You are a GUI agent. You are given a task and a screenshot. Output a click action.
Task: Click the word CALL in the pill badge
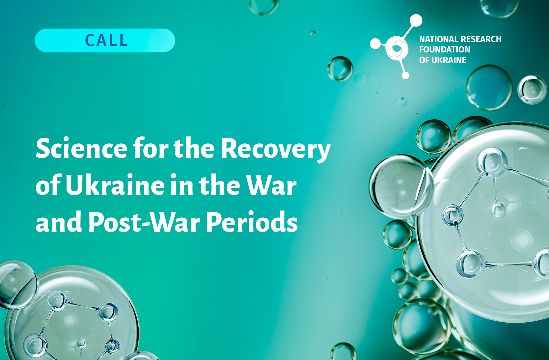pos(106,40)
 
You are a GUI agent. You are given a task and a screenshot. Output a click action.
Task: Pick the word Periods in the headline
pos(252,221)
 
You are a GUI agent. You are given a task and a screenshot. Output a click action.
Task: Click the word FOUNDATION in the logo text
pos(445,49)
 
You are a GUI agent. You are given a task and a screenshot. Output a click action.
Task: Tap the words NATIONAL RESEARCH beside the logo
pos(460,39)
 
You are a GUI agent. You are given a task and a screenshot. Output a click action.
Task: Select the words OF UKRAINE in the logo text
pos(443,60)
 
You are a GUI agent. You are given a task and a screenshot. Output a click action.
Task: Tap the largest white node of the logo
pos(416,20)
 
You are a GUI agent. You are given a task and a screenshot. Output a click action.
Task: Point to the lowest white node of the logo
pos(405,75)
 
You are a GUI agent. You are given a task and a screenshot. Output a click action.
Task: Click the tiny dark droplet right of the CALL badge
pos(313,33)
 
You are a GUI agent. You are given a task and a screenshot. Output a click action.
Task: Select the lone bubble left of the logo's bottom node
pos(340,69)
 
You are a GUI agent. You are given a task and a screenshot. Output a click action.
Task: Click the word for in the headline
pos(151,148)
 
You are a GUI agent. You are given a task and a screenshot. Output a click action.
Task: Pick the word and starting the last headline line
pos(59,221)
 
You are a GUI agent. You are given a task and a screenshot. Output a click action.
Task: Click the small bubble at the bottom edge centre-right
pos(343,352)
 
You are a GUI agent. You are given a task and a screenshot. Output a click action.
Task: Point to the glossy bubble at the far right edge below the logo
pos(532,89)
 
